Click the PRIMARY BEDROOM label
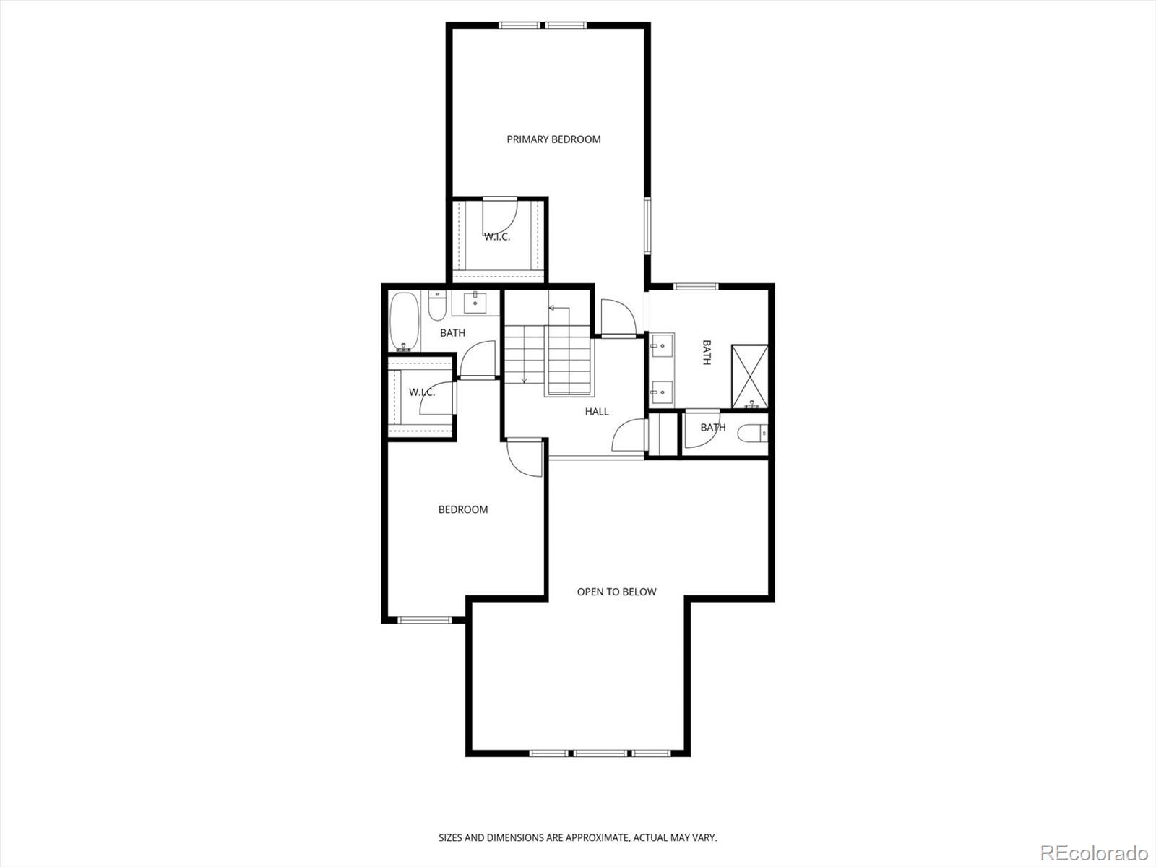pos(553,139)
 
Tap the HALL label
pos(597,412)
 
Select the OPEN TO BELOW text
pos(616,592)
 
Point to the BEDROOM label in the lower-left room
pos(463,509)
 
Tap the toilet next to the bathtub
pos(436,306)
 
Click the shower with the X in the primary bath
pos(749,376)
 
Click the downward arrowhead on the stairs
pos(524,380)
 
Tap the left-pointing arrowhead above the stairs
pos(551,308)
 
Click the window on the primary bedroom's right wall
pos(648,225)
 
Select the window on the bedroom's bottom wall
pos(426,619)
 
